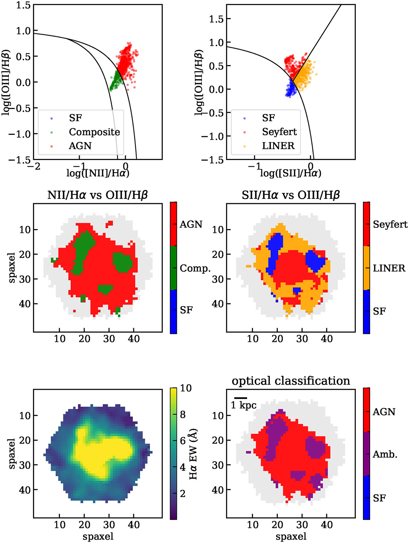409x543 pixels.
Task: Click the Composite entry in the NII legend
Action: tap(94, 132)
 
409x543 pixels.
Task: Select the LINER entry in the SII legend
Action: tap(278, 146)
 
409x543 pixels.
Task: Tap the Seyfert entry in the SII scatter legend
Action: tap(279, 132)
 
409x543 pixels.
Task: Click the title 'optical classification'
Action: tap(291, 381)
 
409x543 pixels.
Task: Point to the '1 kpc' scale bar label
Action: tap(244, 405)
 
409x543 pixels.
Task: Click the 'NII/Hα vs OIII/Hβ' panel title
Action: tap(97, 195)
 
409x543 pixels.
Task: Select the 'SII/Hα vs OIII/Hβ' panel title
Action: tap(291, 195)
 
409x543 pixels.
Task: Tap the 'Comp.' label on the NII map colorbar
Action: tap(195, 268)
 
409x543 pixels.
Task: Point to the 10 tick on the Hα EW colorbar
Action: tap(186, 388)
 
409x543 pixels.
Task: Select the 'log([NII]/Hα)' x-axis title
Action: tap(98, 173)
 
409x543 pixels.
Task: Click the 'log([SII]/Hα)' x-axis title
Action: tap(291, 173)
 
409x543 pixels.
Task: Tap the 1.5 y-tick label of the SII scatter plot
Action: tap(216, 19)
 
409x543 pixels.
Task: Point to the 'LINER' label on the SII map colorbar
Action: tap(389, 268)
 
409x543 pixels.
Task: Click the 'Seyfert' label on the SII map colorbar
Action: tap(390, 224)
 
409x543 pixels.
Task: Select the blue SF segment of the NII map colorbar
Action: tap(173, 312)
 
